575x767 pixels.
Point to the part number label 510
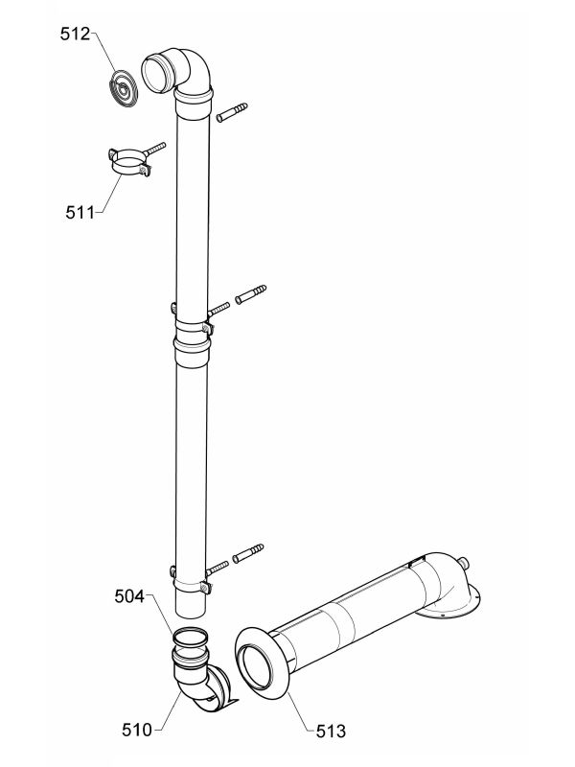tap(137, 730)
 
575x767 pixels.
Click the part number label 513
tap(331, 732)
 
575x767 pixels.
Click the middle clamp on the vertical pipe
tap(192, 327)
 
